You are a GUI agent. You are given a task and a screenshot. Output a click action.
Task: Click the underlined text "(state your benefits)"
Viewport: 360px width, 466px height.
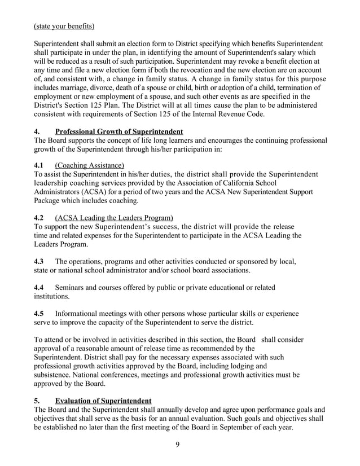tap(64, 26)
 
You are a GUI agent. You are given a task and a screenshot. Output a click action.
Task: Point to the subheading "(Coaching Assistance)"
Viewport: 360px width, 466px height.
tap(89, 165)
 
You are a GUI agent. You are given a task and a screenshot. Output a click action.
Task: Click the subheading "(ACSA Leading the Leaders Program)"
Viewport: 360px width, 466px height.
tap(114, 218)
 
